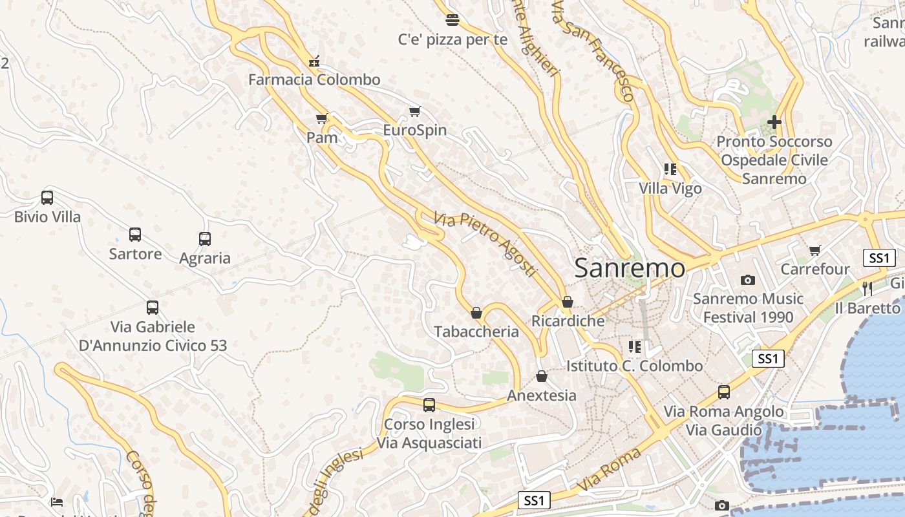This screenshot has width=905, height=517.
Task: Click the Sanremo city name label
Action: pyautogui.click(x=629, y=268)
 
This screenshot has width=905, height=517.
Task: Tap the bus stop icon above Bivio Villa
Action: pyautogui.click(x=47, y=198)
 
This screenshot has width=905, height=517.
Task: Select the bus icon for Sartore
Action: pyautogui.click(x=135, y=235)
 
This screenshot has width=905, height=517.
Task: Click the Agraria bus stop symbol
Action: pyautogui.click(x=205, y=239)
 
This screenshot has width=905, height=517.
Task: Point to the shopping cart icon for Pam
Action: pyautogui.click(x=322, y=119)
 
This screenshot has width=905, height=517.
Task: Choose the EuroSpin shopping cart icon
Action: pyautogui.click(x=415, y=112)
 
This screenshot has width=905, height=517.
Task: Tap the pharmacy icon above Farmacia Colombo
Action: pyautogui.click(x=314, y=61)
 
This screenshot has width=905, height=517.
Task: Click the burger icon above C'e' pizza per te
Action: pyautogui.click(x=452, y=20)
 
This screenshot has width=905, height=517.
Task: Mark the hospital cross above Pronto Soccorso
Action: pyautogui.click(x=774, y=121)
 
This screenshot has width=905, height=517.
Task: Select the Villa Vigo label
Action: pyautogui.click(x=670, y=189)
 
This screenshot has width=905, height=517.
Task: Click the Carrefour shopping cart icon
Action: pyautogui.click(x=815, y=250)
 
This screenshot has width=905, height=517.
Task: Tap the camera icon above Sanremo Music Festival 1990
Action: pyautogui.click(x=748, y=280)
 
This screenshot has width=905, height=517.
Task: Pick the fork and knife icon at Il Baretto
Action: pyautogui.click(x=868, y=288)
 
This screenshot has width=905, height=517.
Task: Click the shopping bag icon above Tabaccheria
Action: pyautogui.click(x=476, y=313)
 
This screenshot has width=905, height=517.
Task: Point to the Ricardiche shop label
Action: pyautogui.click(x=568, y=321)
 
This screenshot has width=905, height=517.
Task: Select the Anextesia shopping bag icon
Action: pyautogui.click(x=542, y=376)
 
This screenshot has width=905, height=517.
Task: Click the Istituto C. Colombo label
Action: pyautogui.click(x=634, y=366)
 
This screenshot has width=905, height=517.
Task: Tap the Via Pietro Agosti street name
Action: pyautogui.click(x=485, y=244)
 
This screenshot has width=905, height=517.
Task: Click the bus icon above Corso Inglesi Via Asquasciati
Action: pyautogui.click(x=429, y=405)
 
